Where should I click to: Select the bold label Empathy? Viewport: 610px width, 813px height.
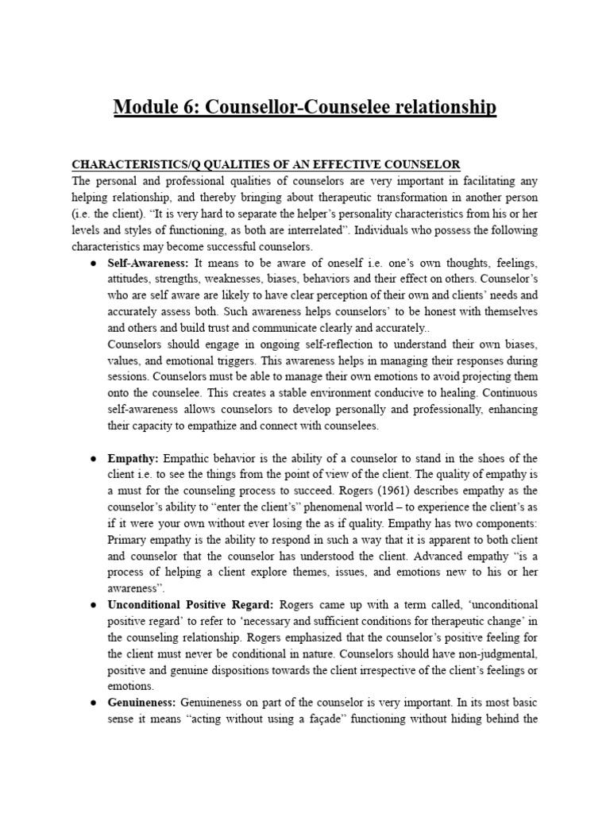tap(133, 459)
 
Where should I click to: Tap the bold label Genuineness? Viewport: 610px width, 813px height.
tap(142, 703)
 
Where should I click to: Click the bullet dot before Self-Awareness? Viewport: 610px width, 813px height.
tap(93, 262)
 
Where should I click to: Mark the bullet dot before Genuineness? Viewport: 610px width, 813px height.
tap(93, 703)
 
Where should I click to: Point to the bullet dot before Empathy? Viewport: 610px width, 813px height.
tap(93, 459)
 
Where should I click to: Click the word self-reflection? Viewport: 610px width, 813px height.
tap(293, 344)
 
